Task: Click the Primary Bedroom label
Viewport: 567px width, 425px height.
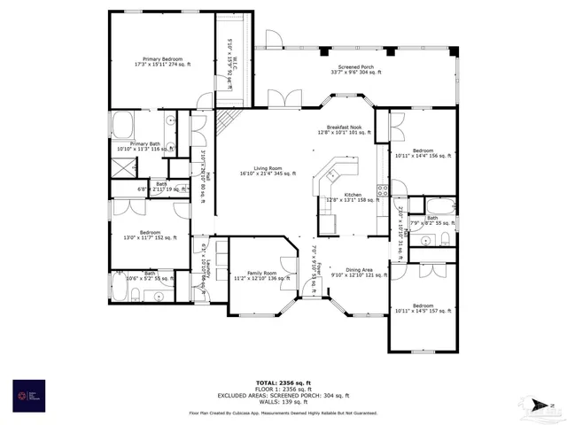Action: tap(164, 62)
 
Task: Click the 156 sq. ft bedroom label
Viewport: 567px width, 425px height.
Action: tap(422, 152)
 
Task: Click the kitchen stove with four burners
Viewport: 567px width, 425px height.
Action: tap(382, 188)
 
